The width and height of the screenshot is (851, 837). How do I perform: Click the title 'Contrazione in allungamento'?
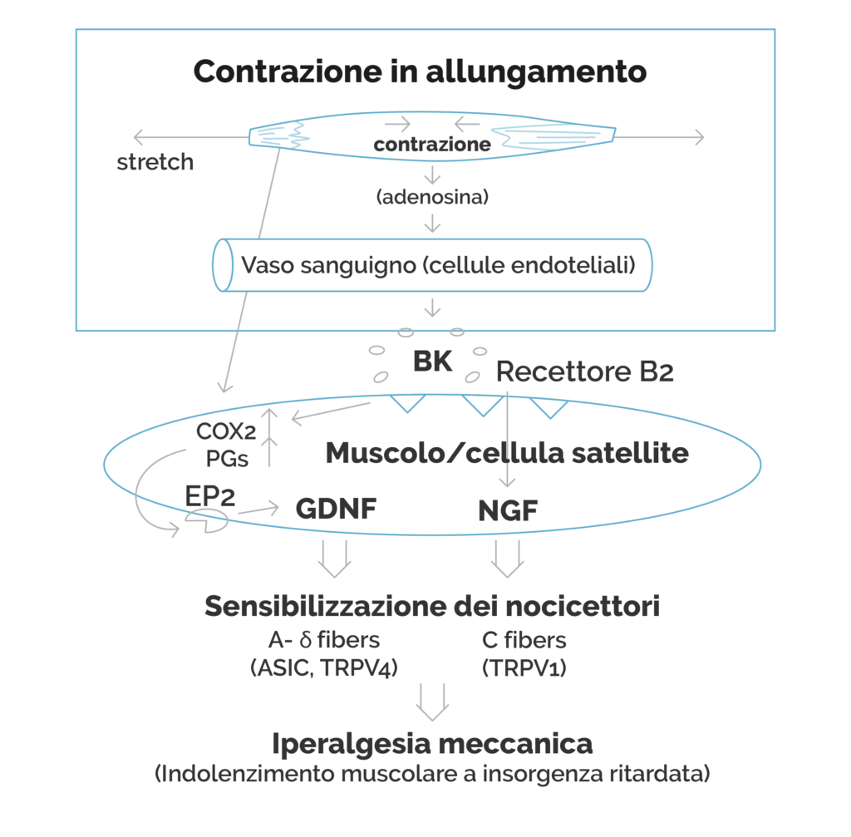click(420, 71)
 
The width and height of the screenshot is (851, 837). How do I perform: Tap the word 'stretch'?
click(155, 162)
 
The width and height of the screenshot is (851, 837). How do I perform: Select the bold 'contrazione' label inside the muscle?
click(432, 145)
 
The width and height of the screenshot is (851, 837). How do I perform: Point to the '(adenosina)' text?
click(432, 196)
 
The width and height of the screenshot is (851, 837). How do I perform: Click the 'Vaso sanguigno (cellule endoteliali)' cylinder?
click(432, 265)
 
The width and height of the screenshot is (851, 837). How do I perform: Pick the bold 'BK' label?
click(432, 361)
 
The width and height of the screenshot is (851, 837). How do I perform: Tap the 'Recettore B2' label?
click(584, 372)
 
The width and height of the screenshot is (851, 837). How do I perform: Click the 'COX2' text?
click(226, 431)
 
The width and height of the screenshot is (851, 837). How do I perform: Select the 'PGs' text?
click(227, 459)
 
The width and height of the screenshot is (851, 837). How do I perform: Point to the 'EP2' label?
click(210, 496)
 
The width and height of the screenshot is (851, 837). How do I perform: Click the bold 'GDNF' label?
click(336, 509)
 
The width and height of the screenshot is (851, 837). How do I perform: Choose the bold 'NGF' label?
click(508, 511)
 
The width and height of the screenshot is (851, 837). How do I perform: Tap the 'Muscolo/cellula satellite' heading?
click(507, 453)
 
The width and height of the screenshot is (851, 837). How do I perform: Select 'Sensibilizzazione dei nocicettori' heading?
click(432, 606)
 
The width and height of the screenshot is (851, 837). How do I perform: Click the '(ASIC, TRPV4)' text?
click(324, 667)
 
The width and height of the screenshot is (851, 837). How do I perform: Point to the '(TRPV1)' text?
click(524, 667)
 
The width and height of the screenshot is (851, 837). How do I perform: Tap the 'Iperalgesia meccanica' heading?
click(432, 744)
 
